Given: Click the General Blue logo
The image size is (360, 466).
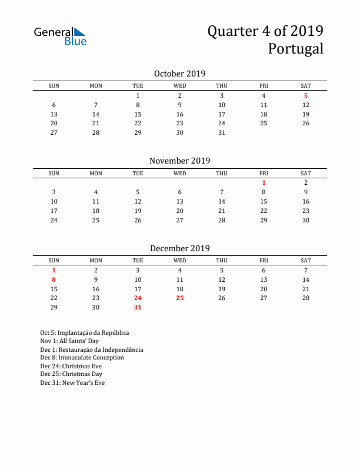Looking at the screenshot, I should [60, 36].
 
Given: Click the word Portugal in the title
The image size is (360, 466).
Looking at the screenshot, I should [295, 49].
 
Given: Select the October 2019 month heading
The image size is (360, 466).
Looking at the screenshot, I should [179, 74].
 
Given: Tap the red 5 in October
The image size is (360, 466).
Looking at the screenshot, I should [306, 95].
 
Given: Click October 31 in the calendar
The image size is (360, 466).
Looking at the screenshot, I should [222, 132].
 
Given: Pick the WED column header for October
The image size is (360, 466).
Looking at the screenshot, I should [180, 86].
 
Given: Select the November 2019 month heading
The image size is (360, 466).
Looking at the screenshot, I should [179, 161].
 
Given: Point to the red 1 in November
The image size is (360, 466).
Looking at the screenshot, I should [264, 182].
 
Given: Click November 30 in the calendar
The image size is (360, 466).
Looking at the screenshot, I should [306, 220].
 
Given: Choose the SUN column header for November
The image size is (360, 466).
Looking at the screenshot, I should [54, 173].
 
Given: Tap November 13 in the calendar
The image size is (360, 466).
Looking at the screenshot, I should [180, 201].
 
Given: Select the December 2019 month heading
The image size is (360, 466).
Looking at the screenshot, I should [179, 248].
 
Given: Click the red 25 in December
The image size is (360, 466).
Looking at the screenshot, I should [180, 298].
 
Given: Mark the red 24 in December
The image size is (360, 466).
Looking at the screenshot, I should [138, 298].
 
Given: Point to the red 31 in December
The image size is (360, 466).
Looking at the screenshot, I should [138, 307].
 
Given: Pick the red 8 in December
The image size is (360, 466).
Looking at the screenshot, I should [54, 279].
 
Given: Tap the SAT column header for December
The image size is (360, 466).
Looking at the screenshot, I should [306, 261].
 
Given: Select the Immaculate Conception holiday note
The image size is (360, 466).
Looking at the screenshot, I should [82, 358].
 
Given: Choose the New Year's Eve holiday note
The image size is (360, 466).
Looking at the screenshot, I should [72, 382].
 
